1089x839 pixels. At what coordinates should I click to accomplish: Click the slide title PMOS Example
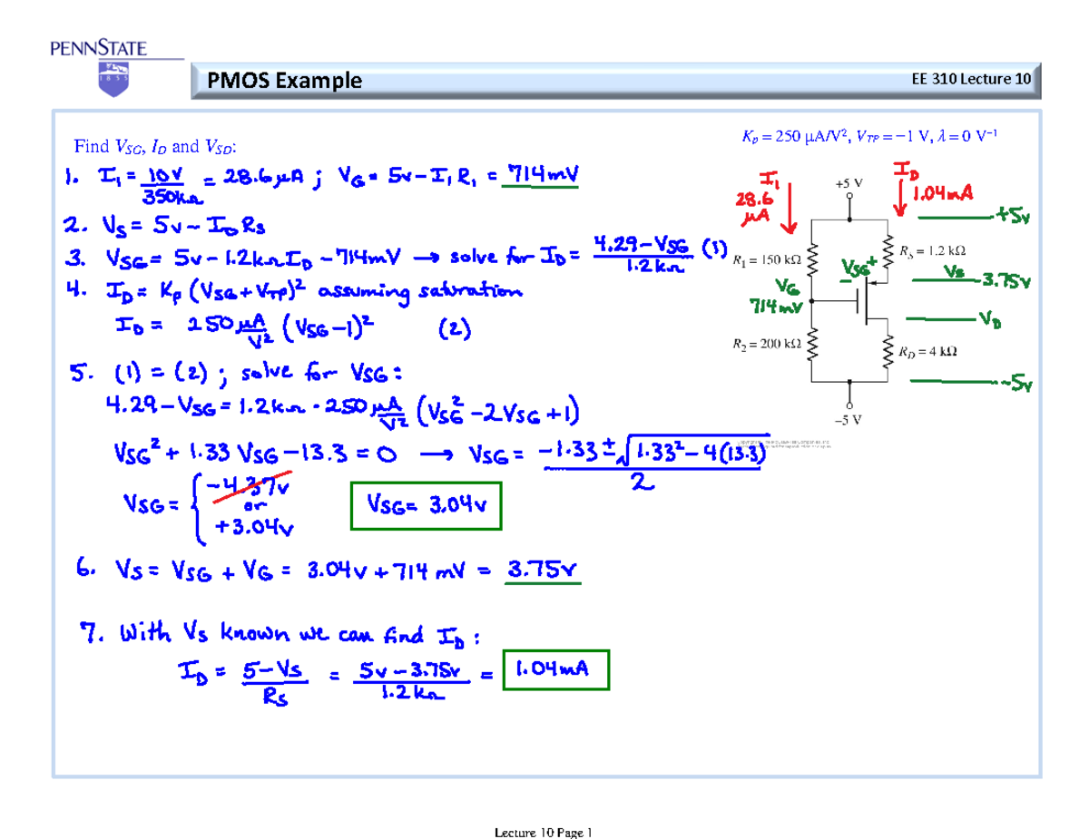[284, 82]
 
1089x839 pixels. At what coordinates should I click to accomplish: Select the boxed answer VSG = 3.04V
[425, 509]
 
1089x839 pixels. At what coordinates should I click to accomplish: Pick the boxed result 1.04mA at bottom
[552, 672]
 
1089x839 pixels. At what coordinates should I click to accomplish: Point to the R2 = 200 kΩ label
[766, 344]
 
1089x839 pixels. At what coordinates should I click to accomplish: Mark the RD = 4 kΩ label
[928, 351]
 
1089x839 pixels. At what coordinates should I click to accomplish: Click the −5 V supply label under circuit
[849, 420]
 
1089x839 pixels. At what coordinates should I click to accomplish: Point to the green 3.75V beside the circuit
[1006, 281]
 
